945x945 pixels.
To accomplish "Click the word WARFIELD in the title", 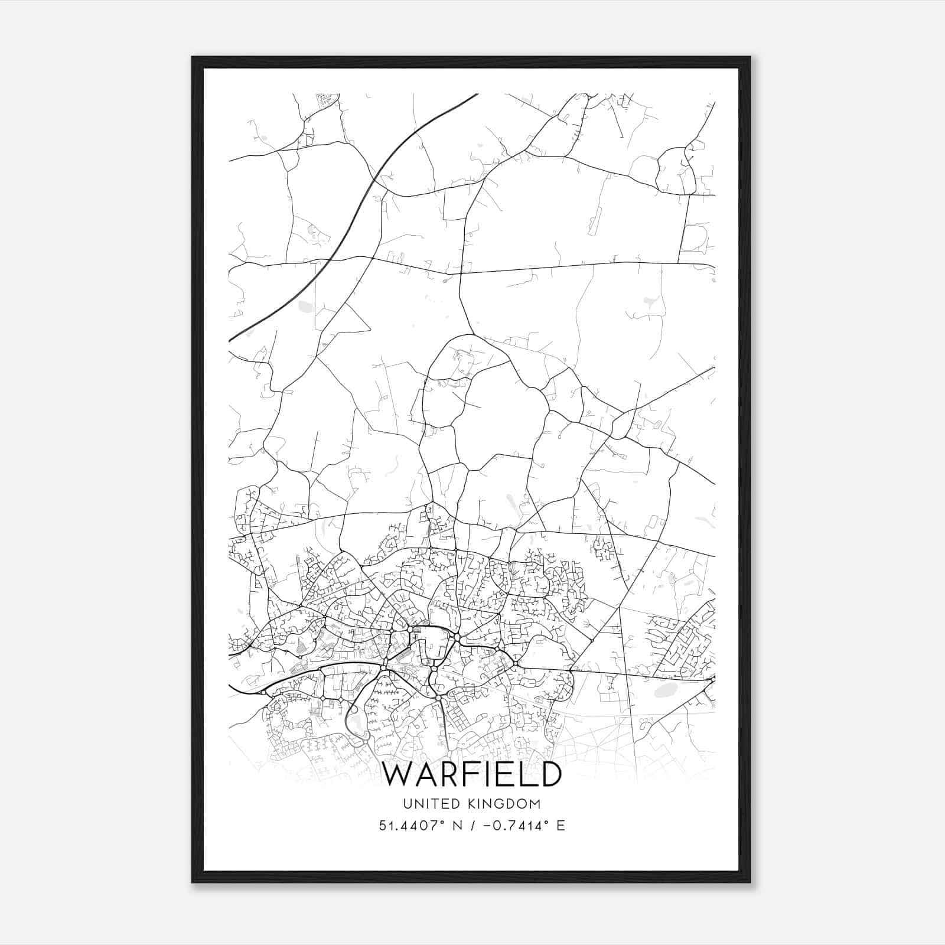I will [x=472, y=774].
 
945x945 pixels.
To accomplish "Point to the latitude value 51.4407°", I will [x=412, y=825].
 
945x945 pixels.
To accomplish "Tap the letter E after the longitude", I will [x=561, y=825].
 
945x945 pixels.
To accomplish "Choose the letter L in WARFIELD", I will [x=526, y=774].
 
